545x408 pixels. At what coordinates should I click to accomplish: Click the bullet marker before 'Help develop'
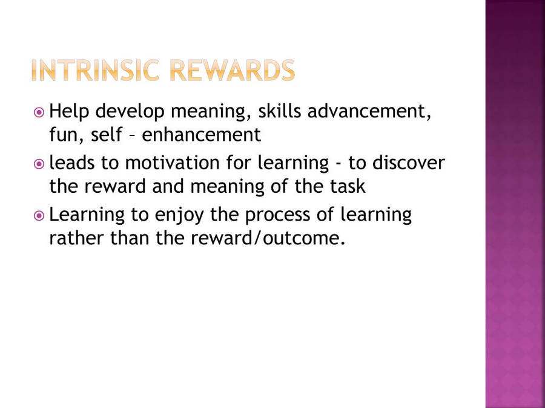[x=39, y=112]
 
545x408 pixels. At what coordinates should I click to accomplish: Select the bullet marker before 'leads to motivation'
[x=39, y=164]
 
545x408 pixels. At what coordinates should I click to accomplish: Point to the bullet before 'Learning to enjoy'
[x=39, y=215]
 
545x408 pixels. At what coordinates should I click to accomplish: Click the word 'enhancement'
[x=201, y=135]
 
